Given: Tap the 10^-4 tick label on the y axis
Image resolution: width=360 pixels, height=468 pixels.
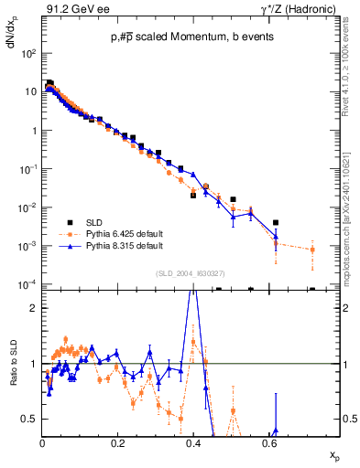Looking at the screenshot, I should point(28,285).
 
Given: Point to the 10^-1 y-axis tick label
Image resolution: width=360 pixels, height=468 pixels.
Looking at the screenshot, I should point(28,169).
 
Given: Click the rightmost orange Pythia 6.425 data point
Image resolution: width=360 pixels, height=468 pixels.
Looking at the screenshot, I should point(312,250).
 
